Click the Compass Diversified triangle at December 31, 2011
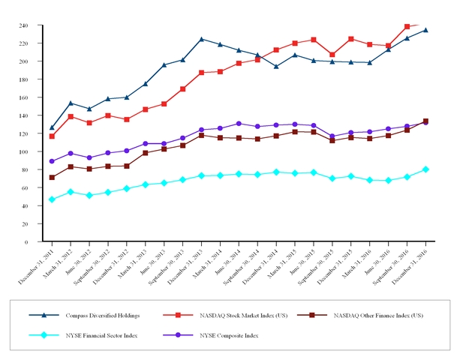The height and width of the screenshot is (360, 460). (52, 127)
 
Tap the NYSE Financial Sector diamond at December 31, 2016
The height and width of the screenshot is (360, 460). (425, 169)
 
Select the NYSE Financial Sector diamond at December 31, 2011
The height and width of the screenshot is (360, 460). (52, 199)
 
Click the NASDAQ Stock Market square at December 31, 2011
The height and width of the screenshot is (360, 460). (52, 136)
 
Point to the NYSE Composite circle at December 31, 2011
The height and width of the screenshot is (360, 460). (52, 161)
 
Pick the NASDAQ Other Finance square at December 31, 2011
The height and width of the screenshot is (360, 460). (52, 178)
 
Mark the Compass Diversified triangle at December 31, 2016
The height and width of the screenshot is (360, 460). (425, 30)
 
